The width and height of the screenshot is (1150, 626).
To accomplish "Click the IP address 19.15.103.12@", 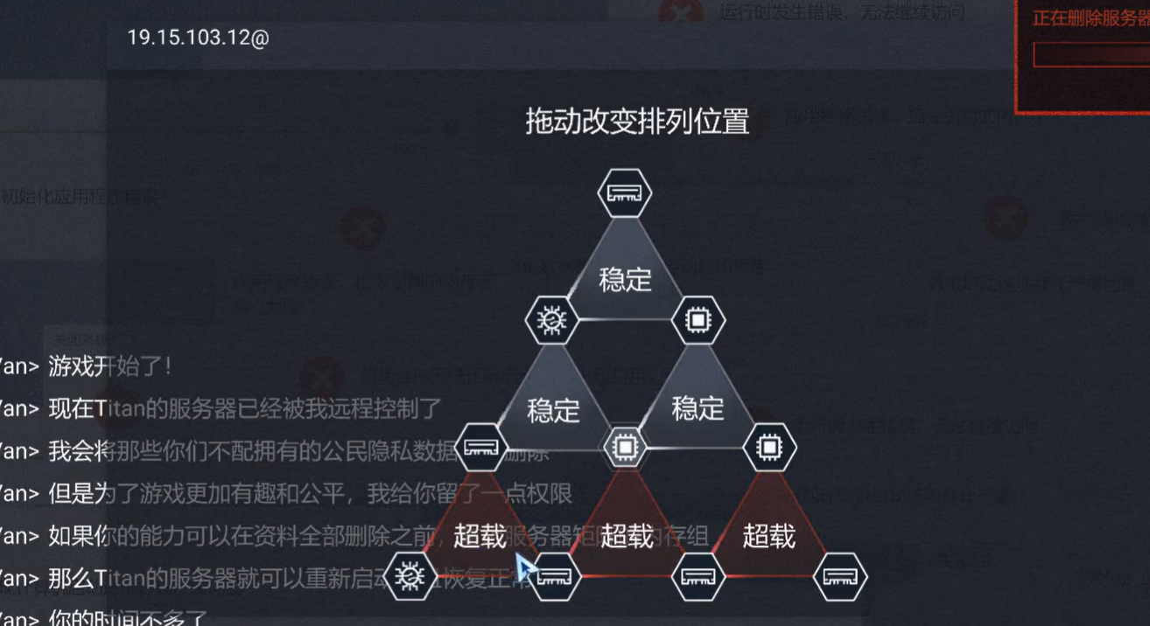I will pos(198,38).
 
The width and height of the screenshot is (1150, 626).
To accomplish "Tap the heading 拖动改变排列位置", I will pos(637,122).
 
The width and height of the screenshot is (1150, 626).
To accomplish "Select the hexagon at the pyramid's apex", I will pos(624,193).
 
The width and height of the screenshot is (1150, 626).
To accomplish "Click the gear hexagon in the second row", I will pos(551,321).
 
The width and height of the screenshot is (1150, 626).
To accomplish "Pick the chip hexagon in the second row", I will pos(698,321).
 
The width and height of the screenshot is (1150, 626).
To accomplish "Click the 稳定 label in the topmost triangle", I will pos(625,280).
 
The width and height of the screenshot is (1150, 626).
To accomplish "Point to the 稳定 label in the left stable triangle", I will pos(553,409).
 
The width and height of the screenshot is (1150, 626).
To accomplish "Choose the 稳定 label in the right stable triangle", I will pos(698,408).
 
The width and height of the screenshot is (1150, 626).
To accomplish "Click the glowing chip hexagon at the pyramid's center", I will pos(624,448).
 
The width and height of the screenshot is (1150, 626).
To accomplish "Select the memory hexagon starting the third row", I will pos(480,448).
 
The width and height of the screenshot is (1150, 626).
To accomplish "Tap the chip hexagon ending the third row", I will pos(769,448).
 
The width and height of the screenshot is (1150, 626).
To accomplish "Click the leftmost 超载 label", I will pos(480,536).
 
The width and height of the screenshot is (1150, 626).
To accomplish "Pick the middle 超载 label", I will pos(627,536).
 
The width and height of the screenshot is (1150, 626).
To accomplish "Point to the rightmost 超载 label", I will pos(768,536).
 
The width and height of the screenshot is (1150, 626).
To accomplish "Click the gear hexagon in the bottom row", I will pos(409,576).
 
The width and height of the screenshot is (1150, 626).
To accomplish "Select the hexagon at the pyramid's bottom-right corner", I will pos(840,576).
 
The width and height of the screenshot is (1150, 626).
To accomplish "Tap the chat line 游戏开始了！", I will pos(109,367).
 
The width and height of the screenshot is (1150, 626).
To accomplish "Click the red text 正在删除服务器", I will pos(1090,18).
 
